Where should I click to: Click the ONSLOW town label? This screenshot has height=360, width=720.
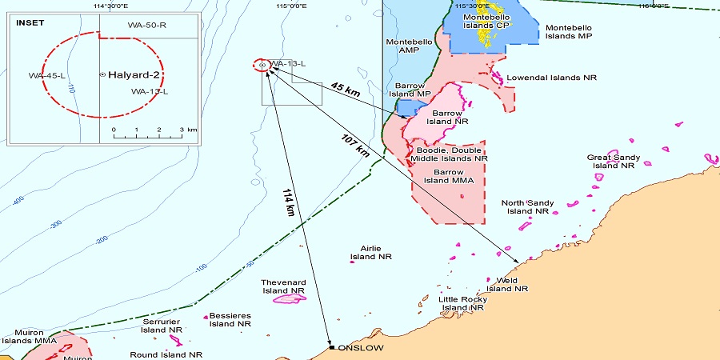tap(361, 348)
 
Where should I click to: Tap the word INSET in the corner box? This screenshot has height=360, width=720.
tap(31, 22)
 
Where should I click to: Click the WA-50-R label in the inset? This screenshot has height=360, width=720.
tap(146, 25)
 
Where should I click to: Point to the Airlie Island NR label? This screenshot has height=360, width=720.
tap(371, 253)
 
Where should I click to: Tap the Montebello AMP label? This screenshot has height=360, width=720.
tap(410, 46)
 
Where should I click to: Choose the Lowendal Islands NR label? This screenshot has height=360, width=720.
tap(551, 78)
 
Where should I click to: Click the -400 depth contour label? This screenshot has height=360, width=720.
tap(18, 199)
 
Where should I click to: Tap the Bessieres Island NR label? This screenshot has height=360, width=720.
tap(230, 319)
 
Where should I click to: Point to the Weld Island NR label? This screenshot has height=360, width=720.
tap(504, 284)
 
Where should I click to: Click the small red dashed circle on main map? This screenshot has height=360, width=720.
tap(262, 65)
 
